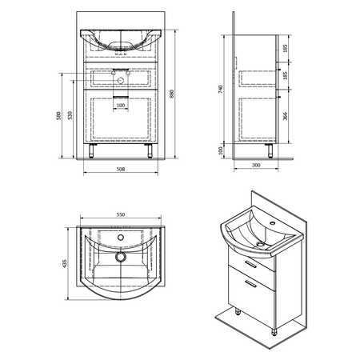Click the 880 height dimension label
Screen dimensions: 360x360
172,94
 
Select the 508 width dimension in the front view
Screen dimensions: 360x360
121,169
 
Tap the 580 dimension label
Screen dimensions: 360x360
58,115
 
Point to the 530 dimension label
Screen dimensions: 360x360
70,115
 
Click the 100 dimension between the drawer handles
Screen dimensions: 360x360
121,106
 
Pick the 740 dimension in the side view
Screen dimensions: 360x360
220,89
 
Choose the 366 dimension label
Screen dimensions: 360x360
285,116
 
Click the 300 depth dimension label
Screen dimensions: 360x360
256,165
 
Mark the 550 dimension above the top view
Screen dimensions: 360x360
121,214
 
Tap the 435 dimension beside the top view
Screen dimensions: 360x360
64,263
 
